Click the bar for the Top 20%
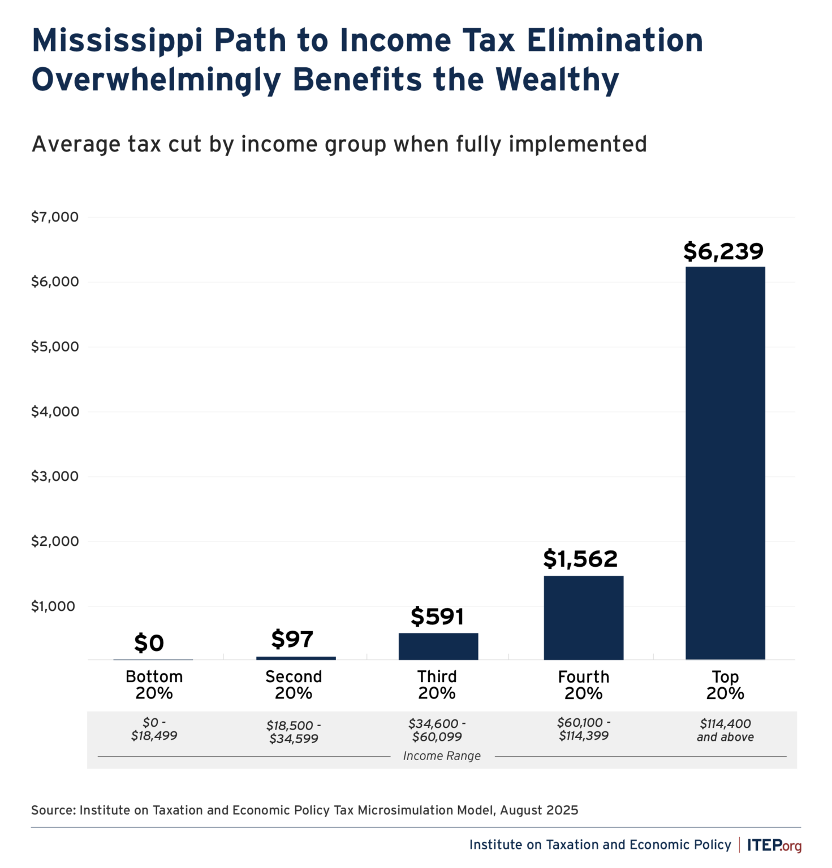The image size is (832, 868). pyautogui.click(x=725, y=463)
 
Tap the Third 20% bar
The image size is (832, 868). pyautogui.click(x=438, y=646)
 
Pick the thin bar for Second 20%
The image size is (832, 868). pyautogui.click(x=296, y=658)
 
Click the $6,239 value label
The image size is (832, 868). pyautogui.click(x=723, y=251)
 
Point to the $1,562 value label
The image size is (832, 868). pyautogui.click(x=580, y=559)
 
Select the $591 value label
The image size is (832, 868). pyautogui.click(x=437, y=617)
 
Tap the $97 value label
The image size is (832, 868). pyautogui.click(x=292, y=639)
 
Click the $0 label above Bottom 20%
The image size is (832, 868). pyautogui.click(x=149, y=643)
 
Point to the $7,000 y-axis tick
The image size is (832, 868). pyautogui.click(x=55, y=217)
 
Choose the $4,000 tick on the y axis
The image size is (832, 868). pyautogui.click(x=55, y=411)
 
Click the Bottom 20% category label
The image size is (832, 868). pyautogui.click(x=154, y=684)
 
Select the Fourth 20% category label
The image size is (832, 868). pyautogui.click(x=583, y=684)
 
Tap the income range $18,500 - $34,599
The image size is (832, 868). pyautogui.click(x=294, y=732)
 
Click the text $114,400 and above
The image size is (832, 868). pyautogui.click(x=725, y=730)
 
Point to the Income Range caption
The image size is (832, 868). pyautogui.click(x=442, y=756)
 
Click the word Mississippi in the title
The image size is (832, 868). pyautogui.click(x=117, y=41)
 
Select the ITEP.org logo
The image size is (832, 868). pyautogui.click(x=774, y=845)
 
